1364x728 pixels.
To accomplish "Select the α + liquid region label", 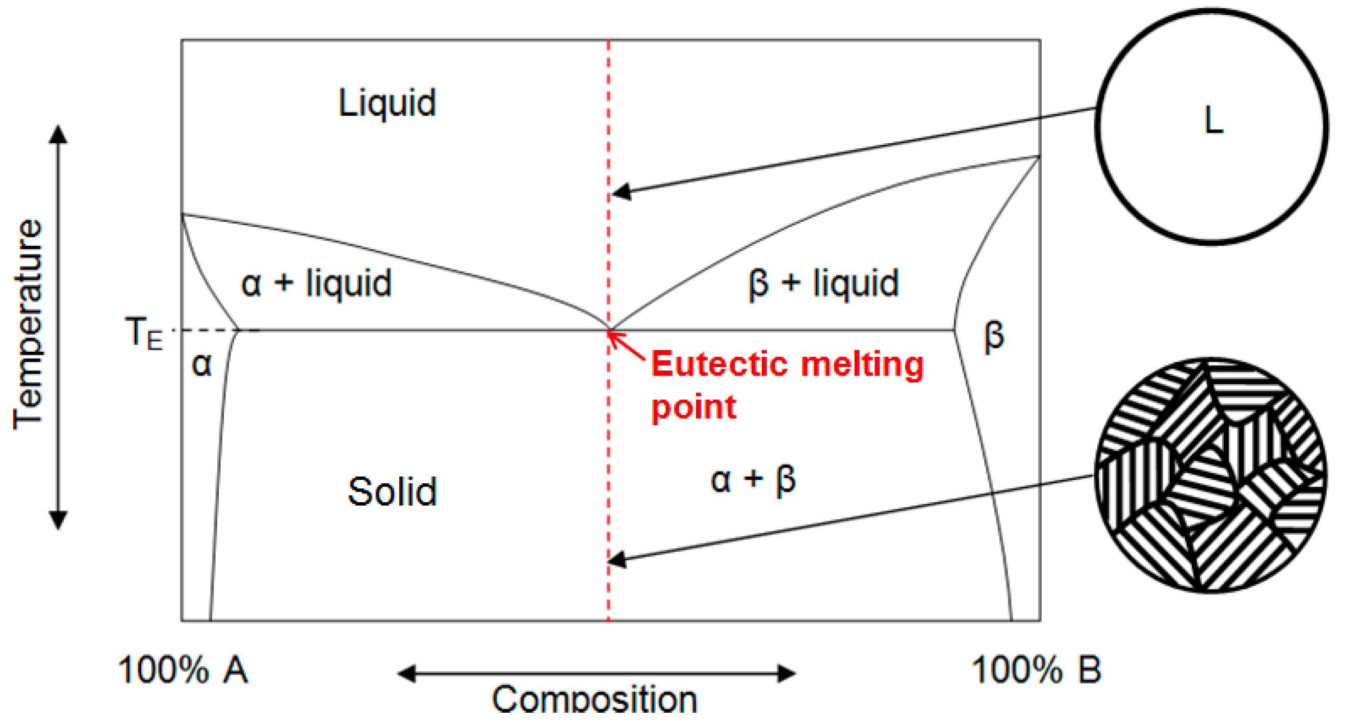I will point(316,283).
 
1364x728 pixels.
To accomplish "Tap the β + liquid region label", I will point(823,283).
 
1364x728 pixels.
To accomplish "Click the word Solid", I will point(392,492).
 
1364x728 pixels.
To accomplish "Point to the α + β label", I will point(753,480).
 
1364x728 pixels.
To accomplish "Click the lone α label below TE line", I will point(202,365).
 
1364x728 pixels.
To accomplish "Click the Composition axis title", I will point(594,699).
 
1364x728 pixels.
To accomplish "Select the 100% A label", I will point(183,670).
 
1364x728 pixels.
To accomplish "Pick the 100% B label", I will point(1036,670).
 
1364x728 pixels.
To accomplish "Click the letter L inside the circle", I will point(1213,121).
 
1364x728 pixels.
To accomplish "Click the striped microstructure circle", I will point(1211,475).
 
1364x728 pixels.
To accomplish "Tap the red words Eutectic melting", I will point(787,365).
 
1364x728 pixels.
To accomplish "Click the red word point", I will point(693,407).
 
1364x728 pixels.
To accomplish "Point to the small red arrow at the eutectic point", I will point(625,345).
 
